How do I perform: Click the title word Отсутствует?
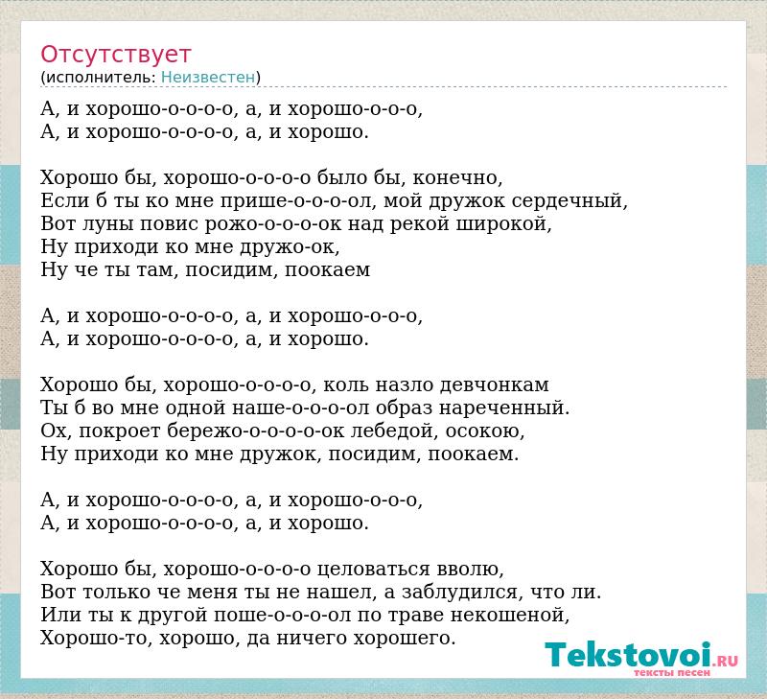click(115, 54)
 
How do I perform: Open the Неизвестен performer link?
click(208, 78)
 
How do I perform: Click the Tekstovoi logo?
click(641, 655)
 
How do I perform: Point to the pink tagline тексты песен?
click(672, 672)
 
